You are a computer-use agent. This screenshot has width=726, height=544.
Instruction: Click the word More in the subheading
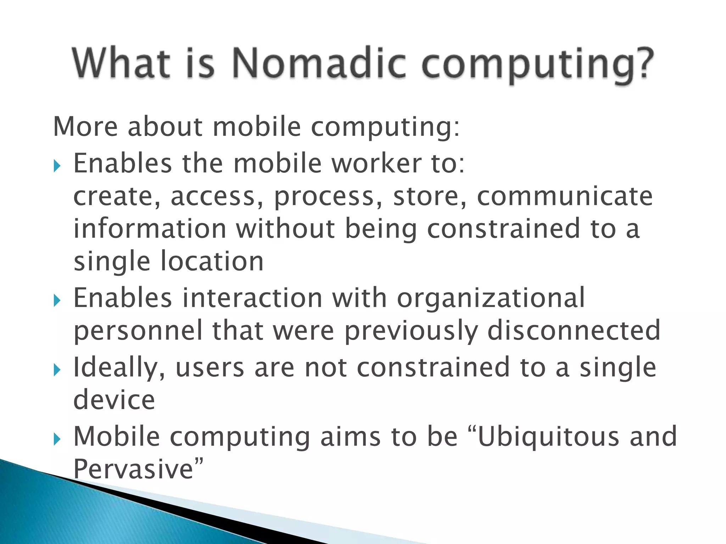(x=85, y=126)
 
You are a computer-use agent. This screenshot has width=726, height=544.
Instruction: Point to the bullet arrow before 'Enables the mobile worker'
(x=57, y=165)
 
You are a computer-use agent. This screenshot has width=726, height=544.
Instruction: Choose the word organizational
(x=491, y=298)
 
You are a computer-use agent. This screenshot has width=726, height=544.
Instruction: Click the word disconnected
(x=574, y=330)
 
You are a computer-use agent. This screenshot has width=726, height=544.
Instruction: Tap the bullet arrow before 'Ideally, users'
(x=57, y=370)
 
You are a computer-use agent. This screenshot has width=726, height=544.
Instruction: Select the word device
(x=114, y=399)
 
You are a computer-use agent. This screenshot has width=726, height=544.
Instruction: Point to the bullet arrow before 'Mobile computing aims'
(x=57, y=440)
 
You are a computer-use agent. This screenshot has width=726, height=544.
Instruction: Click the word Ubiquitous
(x=548, y=437)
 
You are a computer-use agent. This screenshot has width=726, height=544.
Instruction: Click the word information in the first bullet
(x=150, y=229)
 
